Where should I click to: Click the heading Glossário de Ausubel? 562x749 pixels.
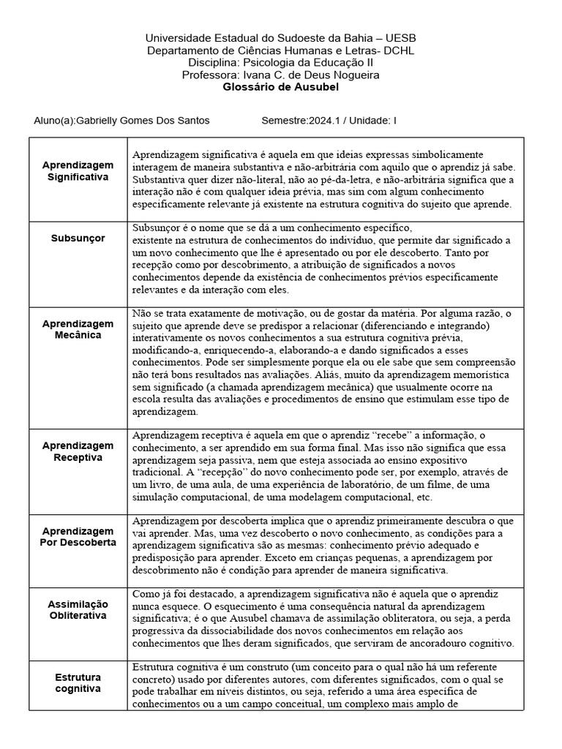pyautogui.click(x=280, y=86)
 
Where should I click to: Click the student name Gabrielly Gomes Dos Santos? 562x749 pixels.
pyautogui.click(x=142, y=121)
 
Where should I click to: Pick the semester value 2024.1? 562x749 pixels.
pyautogui.click(x=328, y=121)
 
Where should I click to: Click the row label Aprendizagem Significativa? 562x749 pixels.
pyautogui.click(x=78, y=171)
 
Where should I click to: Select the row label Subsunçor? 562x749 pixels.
pyautogui.click(x=78, y=238)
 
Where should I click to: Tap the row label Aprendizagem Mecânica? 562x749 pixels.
pyautogui.click(x=78, y=329)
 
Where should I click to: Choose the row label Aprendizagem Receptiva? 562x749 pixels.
pyautogui.click(x=78, y=451)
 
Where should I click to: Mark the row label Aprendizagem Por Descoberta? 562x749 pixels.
pyautogui.click(x=78, y=537)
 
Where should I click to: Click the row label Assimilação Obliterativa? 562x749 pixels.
pyautogui.click(x=78, y=609)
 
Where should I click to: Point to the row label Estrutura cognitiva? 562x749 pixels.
pyautogui.click(x=78, y=683)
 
